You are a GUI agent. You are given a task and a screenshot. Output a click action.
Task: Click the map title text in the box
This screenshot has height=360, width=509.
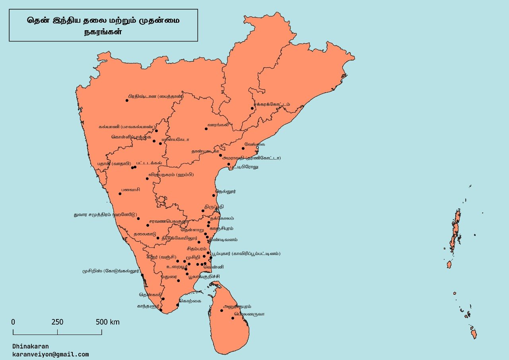pyautogui.click(x=103, y=25)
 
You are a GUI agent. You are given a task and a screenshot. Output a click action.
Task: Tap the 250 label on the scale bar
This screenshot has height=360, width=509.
pyautogui.click(x=57, y=322)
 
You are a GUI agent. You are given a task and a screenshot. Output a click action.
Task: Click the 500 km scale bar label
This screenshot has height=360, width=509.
pyautogui.click(x=107, y=322)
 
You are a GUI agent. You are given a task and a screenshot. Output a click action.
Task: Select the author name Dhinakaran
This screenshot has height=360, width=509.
pyautogui.click(x=31, y=346)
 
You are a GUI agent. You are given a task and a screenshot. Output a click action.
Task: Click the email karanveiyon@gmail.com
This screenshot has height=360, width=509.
pyautogui.click(x=51, y=354)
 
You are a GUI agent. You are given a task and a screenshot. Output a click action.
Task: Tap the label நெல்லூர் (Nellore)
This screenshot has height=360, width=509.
pyautogui.click(x=226, y=191)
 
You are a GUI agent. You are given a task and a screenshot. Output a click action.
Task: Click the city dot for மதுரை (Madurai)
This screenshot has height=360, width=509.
pyautogui.click(x=178, y=280)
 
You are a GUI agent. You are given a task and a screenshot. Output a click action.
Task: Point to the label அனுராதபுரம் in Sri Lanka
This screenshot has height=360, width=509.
pyautogui.click(x=237, y=307)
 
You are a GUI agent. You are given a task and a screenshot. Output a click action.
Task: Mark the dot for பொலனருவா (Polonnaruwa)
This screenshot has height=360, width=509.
pyautogui.click(x=233, y=318)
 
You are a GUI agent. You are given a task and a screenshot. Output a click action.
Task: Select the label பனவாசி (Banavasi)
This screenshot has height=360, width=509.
pyautogui.click(x=131, y=189)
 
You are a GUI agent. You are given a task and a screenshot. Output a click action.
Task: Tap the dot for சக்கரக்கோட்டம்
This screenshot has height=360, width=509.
pyautogui.click(x=252, y=108)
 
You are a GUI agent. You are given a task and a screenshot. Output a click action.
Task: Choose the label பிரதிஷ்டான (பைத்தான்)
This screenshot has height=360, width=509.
pyautogui.click(x=156, y=96)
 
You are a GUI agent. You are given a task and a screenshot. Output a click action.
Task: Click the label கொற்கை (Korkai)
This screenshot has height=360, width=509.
pyautogui.click(x=190, y=301)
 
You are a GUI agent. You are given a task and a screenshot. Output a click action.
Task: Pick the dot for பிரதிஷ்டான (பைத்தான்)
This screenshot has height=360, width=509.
pyautogui.click(x=127, y=100)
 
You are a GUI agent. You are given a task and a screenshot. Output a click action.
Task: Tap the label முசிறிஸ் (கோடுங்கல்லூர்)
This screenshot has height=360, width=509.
pyautogui.click(x=111, y=271)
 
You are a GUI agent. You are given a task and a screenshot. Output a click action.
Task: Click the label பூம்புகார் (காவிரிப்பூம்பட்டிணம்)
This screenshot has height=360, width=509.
pyautogui.click(x=246, y=253)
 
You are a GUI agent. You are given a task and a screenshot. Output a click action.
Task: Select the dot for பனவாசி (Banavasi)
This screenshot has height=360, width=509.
pyautogui.click(x=120, y=194)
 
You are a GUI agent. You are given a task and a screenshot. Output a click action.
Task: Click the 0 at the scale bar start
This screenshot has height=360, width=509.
pyautogui.click(x=13, y=322)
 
